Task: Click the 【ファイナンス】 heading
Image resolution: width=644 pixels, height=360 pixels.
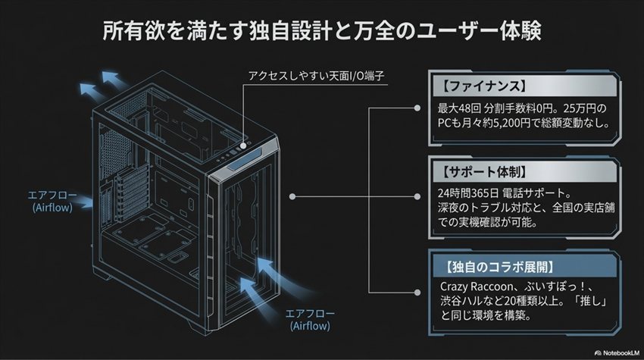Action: (476, 84)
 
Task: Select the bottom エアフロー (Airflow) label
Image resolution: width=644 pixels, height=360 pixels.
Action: (311, 319)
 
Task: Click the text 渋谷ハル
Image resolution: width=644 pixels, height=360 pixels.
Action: (464, 302)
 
